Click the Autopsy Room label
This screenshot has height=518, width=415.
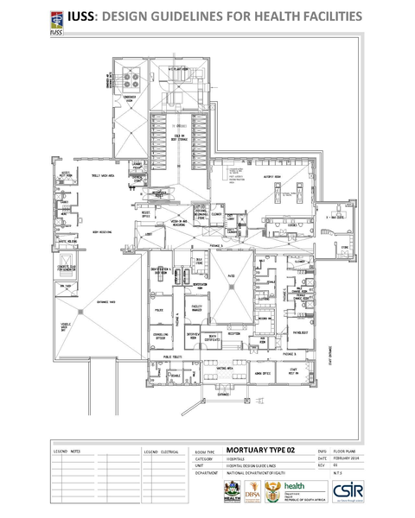tap(264, 175)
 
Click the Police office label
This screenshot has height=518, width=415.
tap(159, 308)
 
